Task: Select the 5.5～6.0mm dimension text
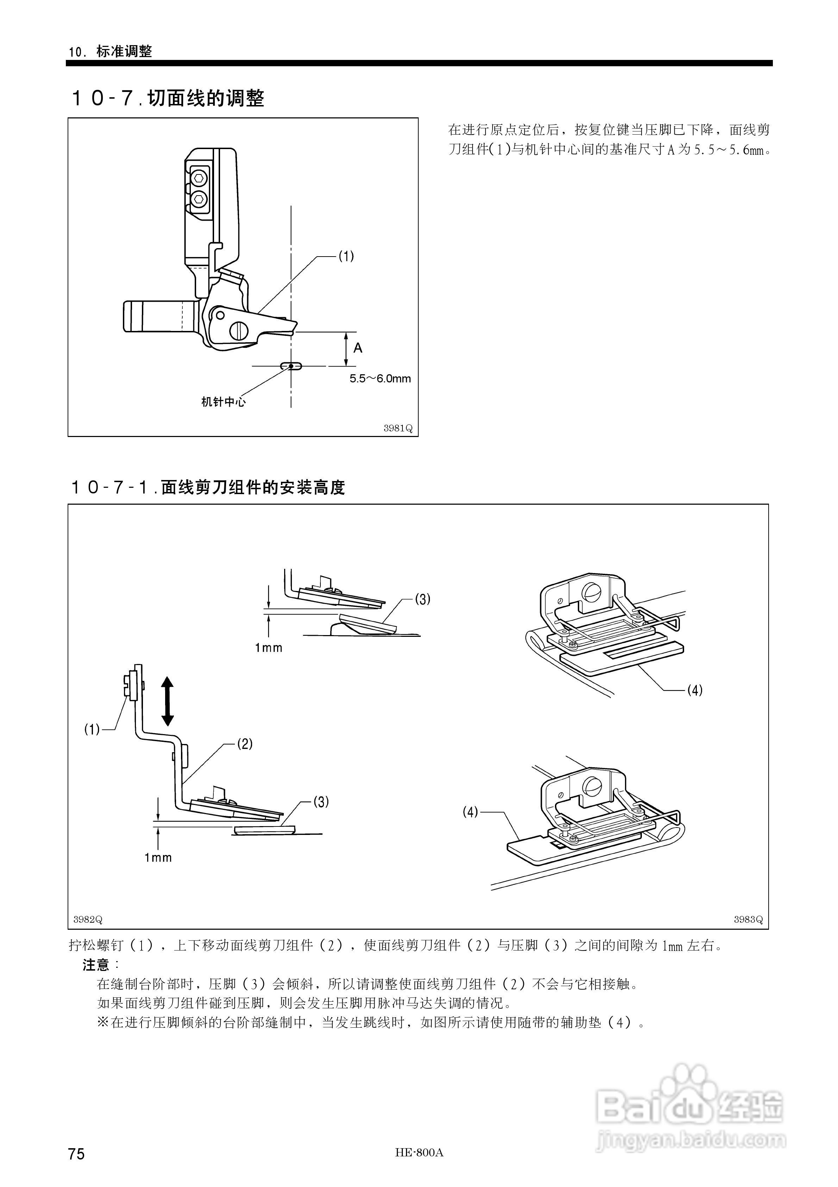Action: [x=380, y=379]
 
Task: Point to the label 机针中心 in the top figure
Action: [x=223, y=402]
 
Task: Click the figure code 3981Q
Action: [x=398, y=429]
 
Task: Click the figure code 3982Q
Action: [x=88, y=919]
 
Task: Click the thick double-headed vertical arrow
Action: [x=167, y=702]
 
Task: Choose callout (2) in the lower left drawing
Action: [x=244, y=744]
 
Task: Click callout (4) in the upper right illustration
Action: [x=694, y=690]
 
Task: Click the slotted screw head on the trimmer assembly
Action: [x=239, y=331]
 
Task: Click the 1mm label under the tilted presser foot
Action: [x=269, y=648]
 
